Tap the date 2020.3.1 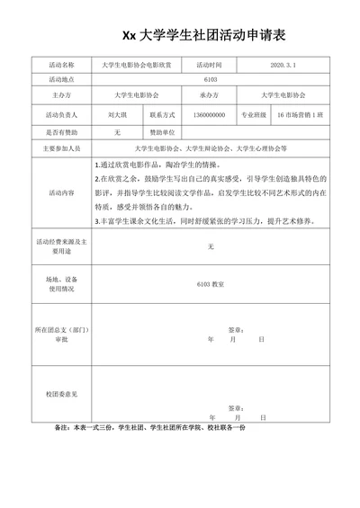coord(289,66)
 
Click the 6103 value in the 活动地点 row coord(210,79)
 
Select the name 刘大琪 coord(116,115)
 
